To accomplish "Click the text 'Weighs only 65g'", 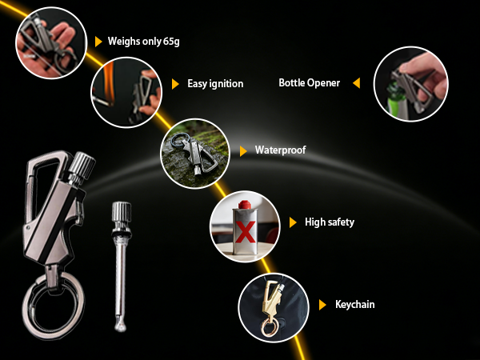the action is (143, 42).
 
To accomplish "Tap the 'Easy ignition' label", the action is (215, 83).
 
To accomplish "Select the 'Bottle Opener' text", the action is (309, 82).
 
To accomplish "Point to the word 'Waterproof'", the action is (281, 150).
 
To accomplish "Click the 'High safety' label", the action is (330, 222).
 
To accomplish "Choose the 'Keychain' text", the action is (354, 304).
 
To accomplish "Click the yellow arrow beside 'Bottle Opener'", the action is (356, 82).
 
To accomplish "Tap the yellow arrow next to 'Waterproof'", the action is (243, 151).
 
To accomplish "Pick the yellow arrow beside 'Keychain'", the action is (322, 305).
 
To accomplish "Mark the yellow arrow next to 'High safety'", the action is (293, 222).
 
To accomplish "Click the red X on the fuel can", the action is (246, 232).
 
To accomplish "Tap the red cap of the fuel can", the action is (245, 205).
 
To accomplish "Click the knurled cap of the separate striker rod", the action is (122, 211).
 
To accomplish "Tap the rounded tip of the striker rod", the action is (120, 327).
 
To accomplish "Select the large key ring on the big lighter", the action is (54, 306).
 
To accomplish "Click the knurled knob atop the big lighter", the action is (82, 166).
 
